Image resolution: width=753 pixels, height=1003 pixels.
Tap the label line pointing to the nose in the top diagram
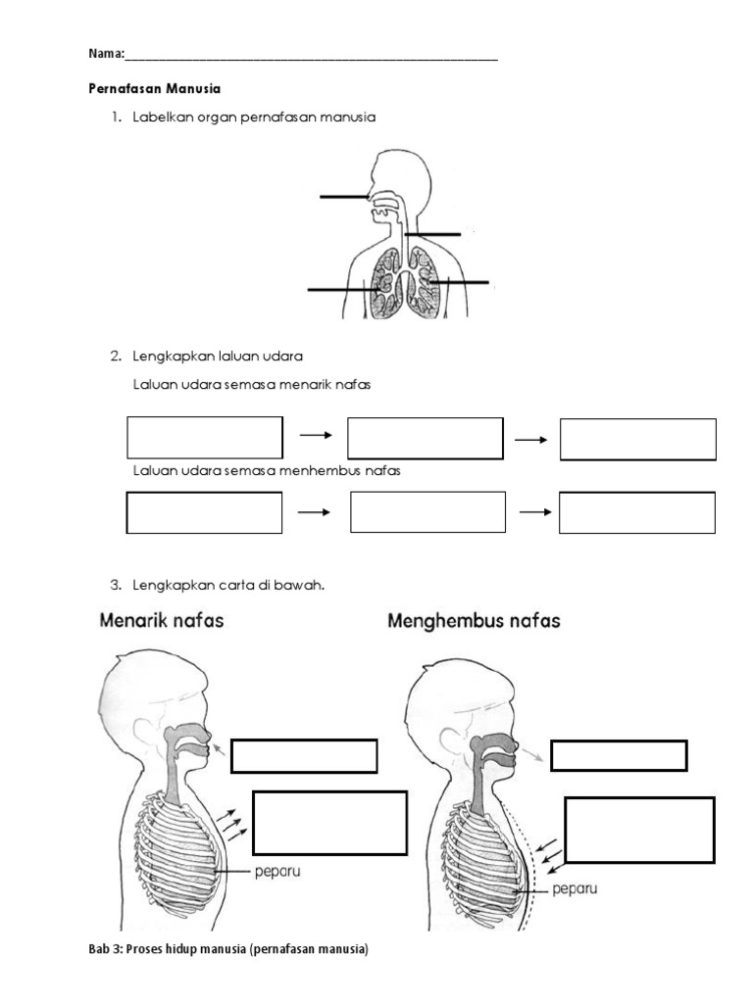click(x=343, y=197)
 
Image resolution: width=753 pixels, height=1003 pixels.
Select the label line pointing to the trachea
click(x=432, y=234)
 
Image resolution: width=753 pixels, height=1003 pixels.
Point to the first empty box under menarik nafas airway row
click(x=205, y=438)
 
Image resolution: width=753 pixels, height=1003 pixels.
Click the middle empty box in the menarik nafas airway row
click(x=426, y=438)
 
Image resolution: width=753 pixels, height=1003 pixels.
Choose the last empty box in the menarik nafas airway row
click(x=638, y=439)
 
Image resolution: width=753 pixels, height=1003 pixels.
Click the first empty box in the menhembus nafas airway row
click(x=205, y=512)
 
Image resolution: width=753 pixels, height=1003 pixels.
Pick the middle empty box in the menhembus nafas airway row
click(x=427, y=512)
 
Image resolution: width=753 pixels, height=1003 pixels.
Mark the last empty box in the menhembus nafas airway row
click(x=637, y=512)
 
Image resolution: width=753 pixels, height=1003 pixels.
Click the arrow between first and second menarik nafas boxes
click(x=316, y=435)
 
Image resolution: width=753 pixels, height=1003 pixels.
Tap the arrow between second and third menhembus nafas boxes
click(x=536, y=511)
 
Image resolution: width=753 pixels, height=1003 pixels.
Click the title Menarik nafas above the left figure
click(x=161, y=620)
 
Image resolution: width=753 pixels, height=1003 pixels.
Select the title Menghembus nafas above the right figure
click(x=475, y=621)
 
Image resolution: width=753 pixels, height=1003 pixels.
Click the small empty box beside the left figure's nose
click(x=304, y=756)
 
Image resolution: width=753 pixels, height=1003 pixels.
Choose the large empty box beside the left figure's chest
click(x=329, y=823)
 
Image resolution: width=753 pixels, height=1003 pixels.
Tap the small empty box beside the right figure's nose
click(x=619, y=756)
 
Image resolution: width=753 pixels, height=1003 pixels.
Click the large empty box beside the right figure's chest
click(x=639, y=830)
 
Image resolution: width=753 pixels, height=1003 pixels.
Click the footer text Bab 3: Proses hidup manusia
click(x=228, y=949)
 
